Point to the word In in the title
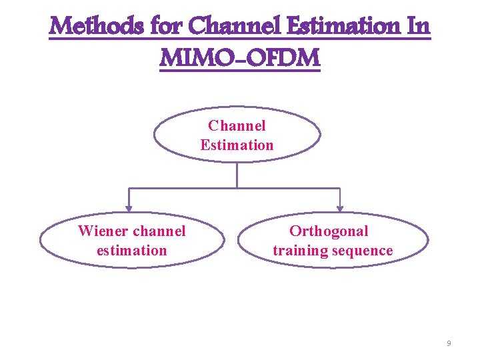(417, 27)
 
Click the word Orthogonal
(329, 231)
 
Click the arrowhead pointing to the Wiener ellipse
(130, 209)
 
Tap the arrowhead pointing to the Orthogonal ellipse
(340, 209)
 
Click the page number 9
(449, 343)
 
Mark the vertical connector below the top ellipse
(237, 175)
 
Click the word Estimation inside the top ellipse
(237, 145)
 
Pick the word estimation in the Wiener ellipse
(131, 251)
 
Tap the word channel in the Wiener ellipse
(159, 231)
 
